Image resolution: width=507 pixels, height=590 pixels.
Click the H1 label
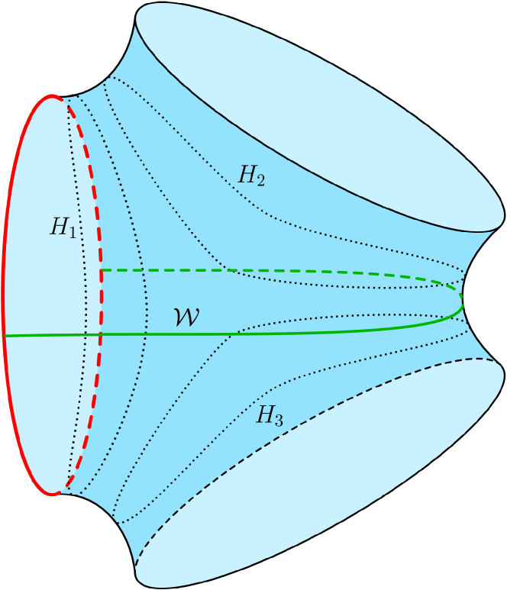(x=63, y=227)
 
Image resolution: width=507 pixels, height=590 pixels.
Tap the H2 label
(x=251, y=176)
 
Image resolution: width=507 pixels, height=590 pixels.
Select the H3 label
(x=270, y=416)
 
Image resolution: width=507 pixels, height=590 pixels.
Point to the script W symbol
(x=186, y=318)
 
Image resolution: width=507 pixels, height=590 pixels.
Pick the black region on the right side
(x=489, y=298)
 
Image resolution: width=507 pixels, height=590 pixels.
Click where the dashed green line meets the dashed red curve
(x=102, y=270)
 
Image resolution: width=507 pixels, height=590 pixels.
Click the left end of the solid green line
(x=5, y=335)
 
